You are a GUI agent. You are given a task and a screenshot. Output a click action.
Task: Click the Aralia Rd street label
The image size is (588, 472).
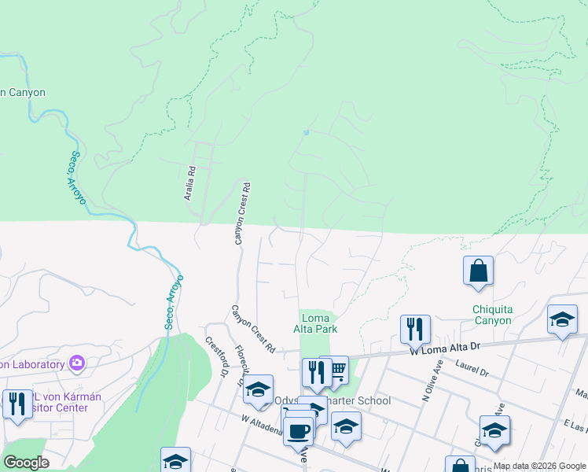coord(189,183)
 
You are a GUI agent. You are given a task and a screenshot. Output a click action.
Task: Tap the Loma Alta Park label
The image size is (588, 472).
coord(315,323)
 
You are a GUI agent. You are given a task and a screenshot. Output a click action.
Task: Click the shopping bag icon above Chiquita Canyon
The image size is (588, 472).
coord(478,271)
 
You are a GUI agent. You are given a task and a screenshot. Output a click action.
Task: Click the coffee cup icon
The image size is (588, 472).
coord(299,431)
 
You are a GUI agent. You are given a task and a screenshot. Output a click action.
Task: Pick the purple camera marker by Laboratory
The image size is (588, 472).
coord(77,363)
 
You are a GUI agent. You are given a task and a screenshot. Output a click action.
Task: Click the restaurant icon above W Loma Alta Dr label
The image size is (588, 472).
coord(414,328)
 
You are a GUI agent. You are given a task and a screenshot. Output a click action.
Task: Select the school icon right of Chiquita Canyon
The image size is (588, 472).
coord(561,319)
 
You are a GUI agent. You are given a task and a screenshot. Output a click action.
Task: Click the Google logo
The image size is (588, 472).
coord(26,463)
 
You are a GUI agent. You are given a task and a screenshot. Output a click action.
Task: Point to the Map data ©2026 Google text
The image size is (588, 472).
coord(539,466)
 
